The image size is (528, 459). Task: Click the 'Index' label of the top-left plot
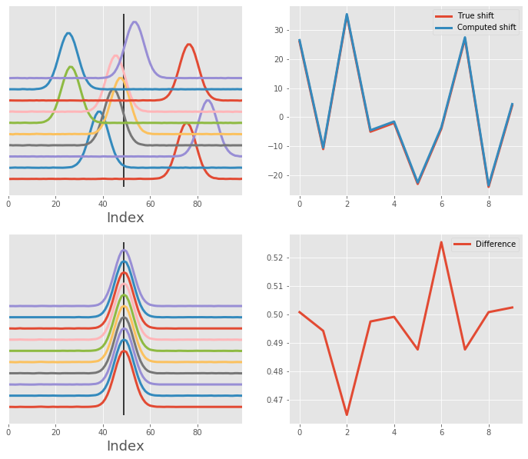click(125, 218)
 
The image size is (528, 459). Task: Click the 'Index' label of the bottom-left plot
click(125, 446)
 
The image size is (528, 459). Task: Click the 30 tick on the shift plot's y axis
click(280, 31)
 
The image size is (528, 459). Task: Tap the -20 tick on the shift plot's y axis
click(277, 175)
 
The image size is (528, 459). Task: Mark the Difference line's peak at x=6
click(441, 242)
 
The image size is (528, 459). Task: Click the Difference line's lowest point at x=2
click(347, 414)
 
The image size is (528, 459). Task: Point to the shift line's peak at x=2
click(347, 15)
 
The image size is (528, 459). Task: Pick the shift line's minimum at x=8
click(488, 186)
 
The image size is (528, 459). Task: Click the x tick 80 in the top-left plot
click(198, 204)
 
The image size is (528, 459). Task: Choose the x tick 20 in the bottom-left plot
click(55, 432)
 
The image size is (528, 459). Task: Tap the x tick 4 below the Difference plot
click(394, 432)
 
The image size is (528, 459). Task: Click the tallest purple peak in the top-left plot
click(135, 22)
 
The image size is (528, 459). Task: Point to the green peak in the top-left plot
click(71, 67)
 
